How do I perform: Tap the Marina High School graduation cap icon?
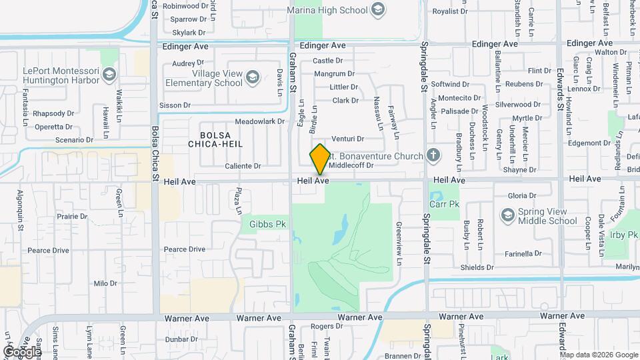(379, 9)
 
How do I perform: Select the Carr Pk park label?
(445, 205)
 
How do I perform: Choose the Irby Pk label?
(623, 235)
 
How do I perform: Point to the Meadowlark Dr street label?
(259, 121)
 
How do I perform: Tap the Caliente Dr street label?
(243, 165)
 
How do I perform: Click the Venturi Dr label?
(352, 139)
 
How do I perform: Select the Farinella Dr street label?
(523, 253)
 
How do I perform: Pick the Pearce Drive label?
(185, 249)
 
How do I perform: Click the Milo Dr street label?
(105, 283)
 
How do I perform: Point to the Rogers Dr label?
(326, 326)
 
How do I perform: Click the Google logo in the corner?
(22, 351)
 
